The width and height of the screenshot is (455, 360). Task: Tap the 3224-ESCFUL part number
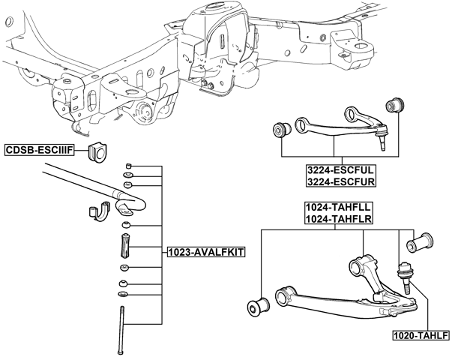[340, 170]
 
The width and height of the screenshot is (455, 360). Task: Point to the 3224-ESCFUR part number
[340, 181]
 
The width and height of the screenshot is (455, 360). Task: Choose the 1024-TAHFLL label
[339, 207]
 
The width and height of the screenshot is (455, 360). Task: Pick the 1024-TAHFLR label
[339, 219]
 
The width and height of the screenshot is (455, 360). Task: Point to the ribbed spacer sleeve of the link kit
[125, 245]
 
